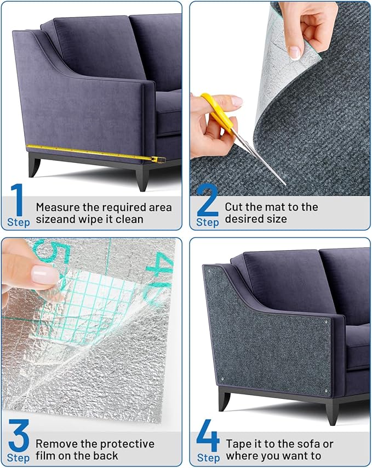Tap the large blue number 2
tap(207, 200)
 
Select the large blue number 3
tap(18, 436)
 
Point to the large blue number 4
tap(208, 436)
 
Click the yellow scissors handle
tap(211, 110)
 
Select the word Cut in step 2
tap(234, 207)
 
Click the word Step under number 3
tap(19, 458)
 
